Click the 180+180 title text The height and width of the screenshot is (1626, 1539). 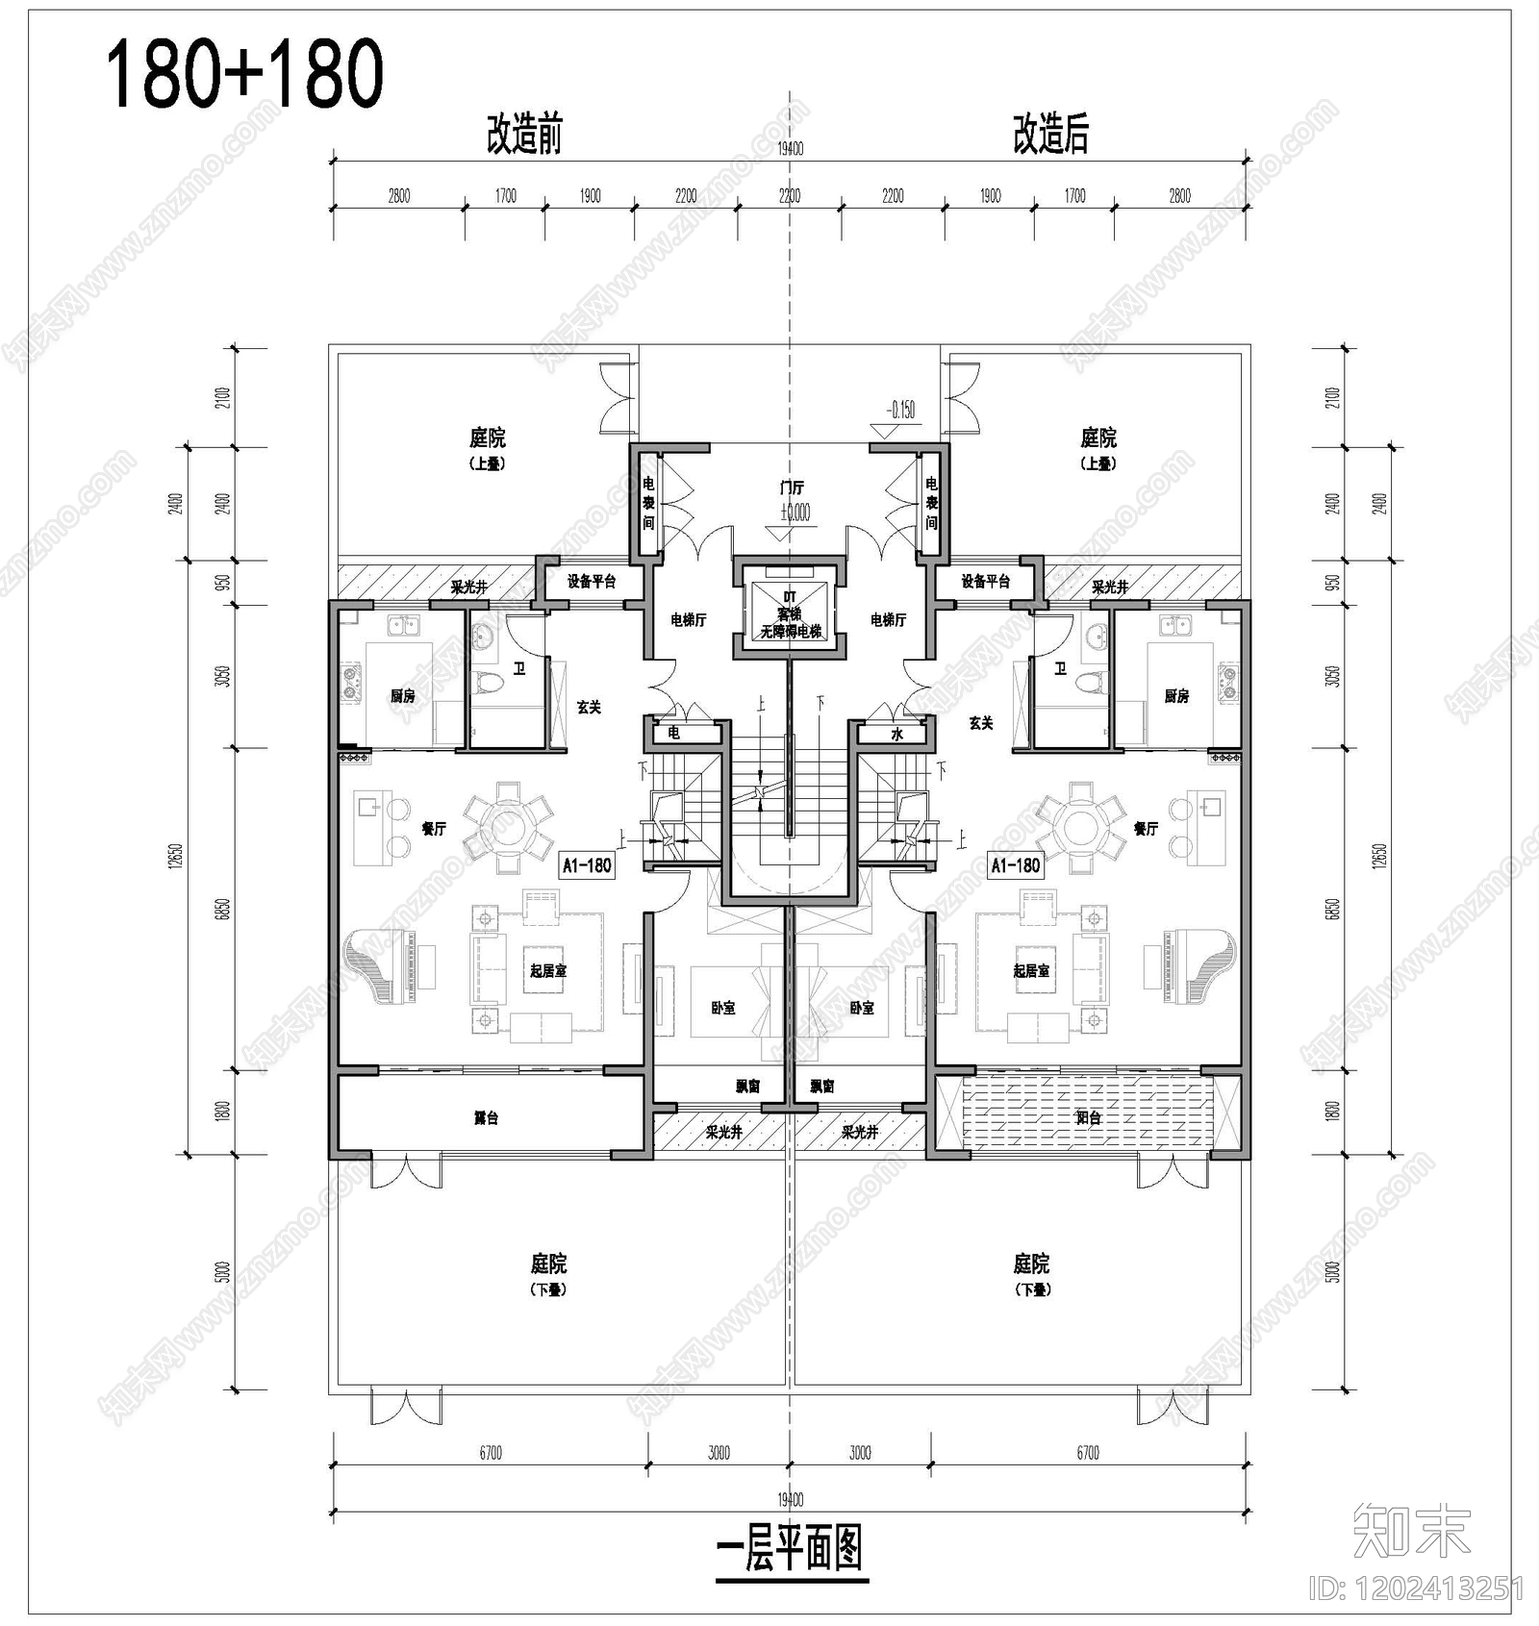pos(244,75)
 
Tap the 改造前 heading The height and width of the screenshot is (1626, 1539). pos(523,135)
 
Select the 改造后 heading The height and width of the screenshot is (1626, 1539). pos(1050,135)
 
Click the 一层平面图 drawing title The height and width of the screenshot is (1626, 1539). pos(790,1549)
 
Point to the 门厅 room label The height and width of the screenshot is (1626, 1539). pos(792,488)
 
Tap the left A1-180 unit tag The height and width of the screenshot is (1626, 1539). pos(587,865)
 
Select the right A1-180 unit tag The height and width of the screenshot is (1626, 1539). pos(1016,865)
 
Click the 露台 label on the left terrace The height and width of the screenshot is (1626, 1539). pos(486,1118)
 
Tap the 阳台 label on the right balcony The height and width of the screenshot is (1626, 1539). pos(1088,1118)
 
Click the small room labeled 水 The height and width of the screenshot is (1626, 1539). pos(896,735)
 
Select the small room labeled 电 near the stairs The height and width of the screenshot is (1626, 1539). pos(673,733)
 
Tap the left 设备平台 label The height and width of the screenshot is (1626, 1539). pos(591,582)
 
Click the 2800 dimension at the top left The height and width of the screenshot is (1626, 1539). pos(399,196)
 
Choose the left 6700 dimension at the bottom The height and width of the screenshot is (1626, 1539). pos(491,1453)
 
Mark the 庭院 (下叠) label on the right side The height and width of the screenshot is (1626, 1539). pos(1031,1274)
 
